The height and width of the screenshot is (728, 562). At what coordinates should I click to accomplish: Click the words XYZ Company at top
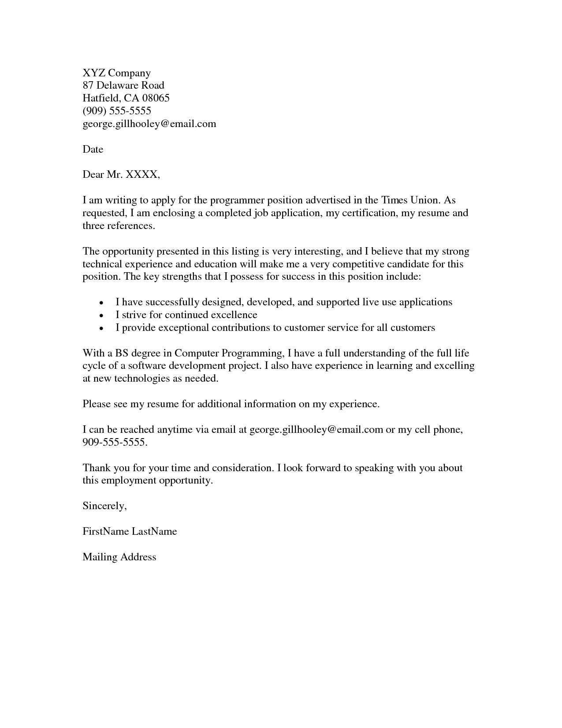tap(116, 73)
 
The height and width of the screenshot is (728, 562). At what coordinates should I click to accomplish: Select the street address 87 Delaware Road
tap(123, 86)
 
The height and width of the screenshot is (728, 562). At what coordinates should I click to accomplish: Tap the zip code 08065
tap(156, 98)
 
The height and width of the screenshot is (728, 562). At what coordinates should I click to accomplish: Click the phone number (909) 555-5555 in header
tap(117, 111)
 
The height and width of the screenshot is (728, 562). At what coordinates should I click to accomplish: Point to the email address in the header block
tap(149, 124)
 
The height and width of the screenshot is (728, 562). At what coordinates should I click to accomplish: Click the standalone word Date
tap(93, 150)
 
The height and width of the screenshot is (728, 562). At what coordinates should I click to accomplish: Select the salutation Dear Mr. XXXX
tap(121, 175)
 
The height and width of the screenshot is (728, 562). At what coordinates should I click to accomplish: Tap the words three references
tap(119, 226)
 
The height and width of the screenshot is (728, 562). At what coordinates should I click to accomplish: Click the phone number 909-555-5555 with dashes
tap(115, 443)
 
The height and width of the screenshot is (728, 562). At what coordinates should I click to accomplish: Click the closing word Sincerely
tap(104, 506)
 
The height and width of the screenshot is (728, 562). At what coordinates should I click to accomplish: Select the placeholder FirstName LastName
tap(130, 532)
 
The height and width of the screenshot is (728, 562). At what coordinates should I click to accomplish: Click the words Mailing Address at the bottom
tap(119, 557)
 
